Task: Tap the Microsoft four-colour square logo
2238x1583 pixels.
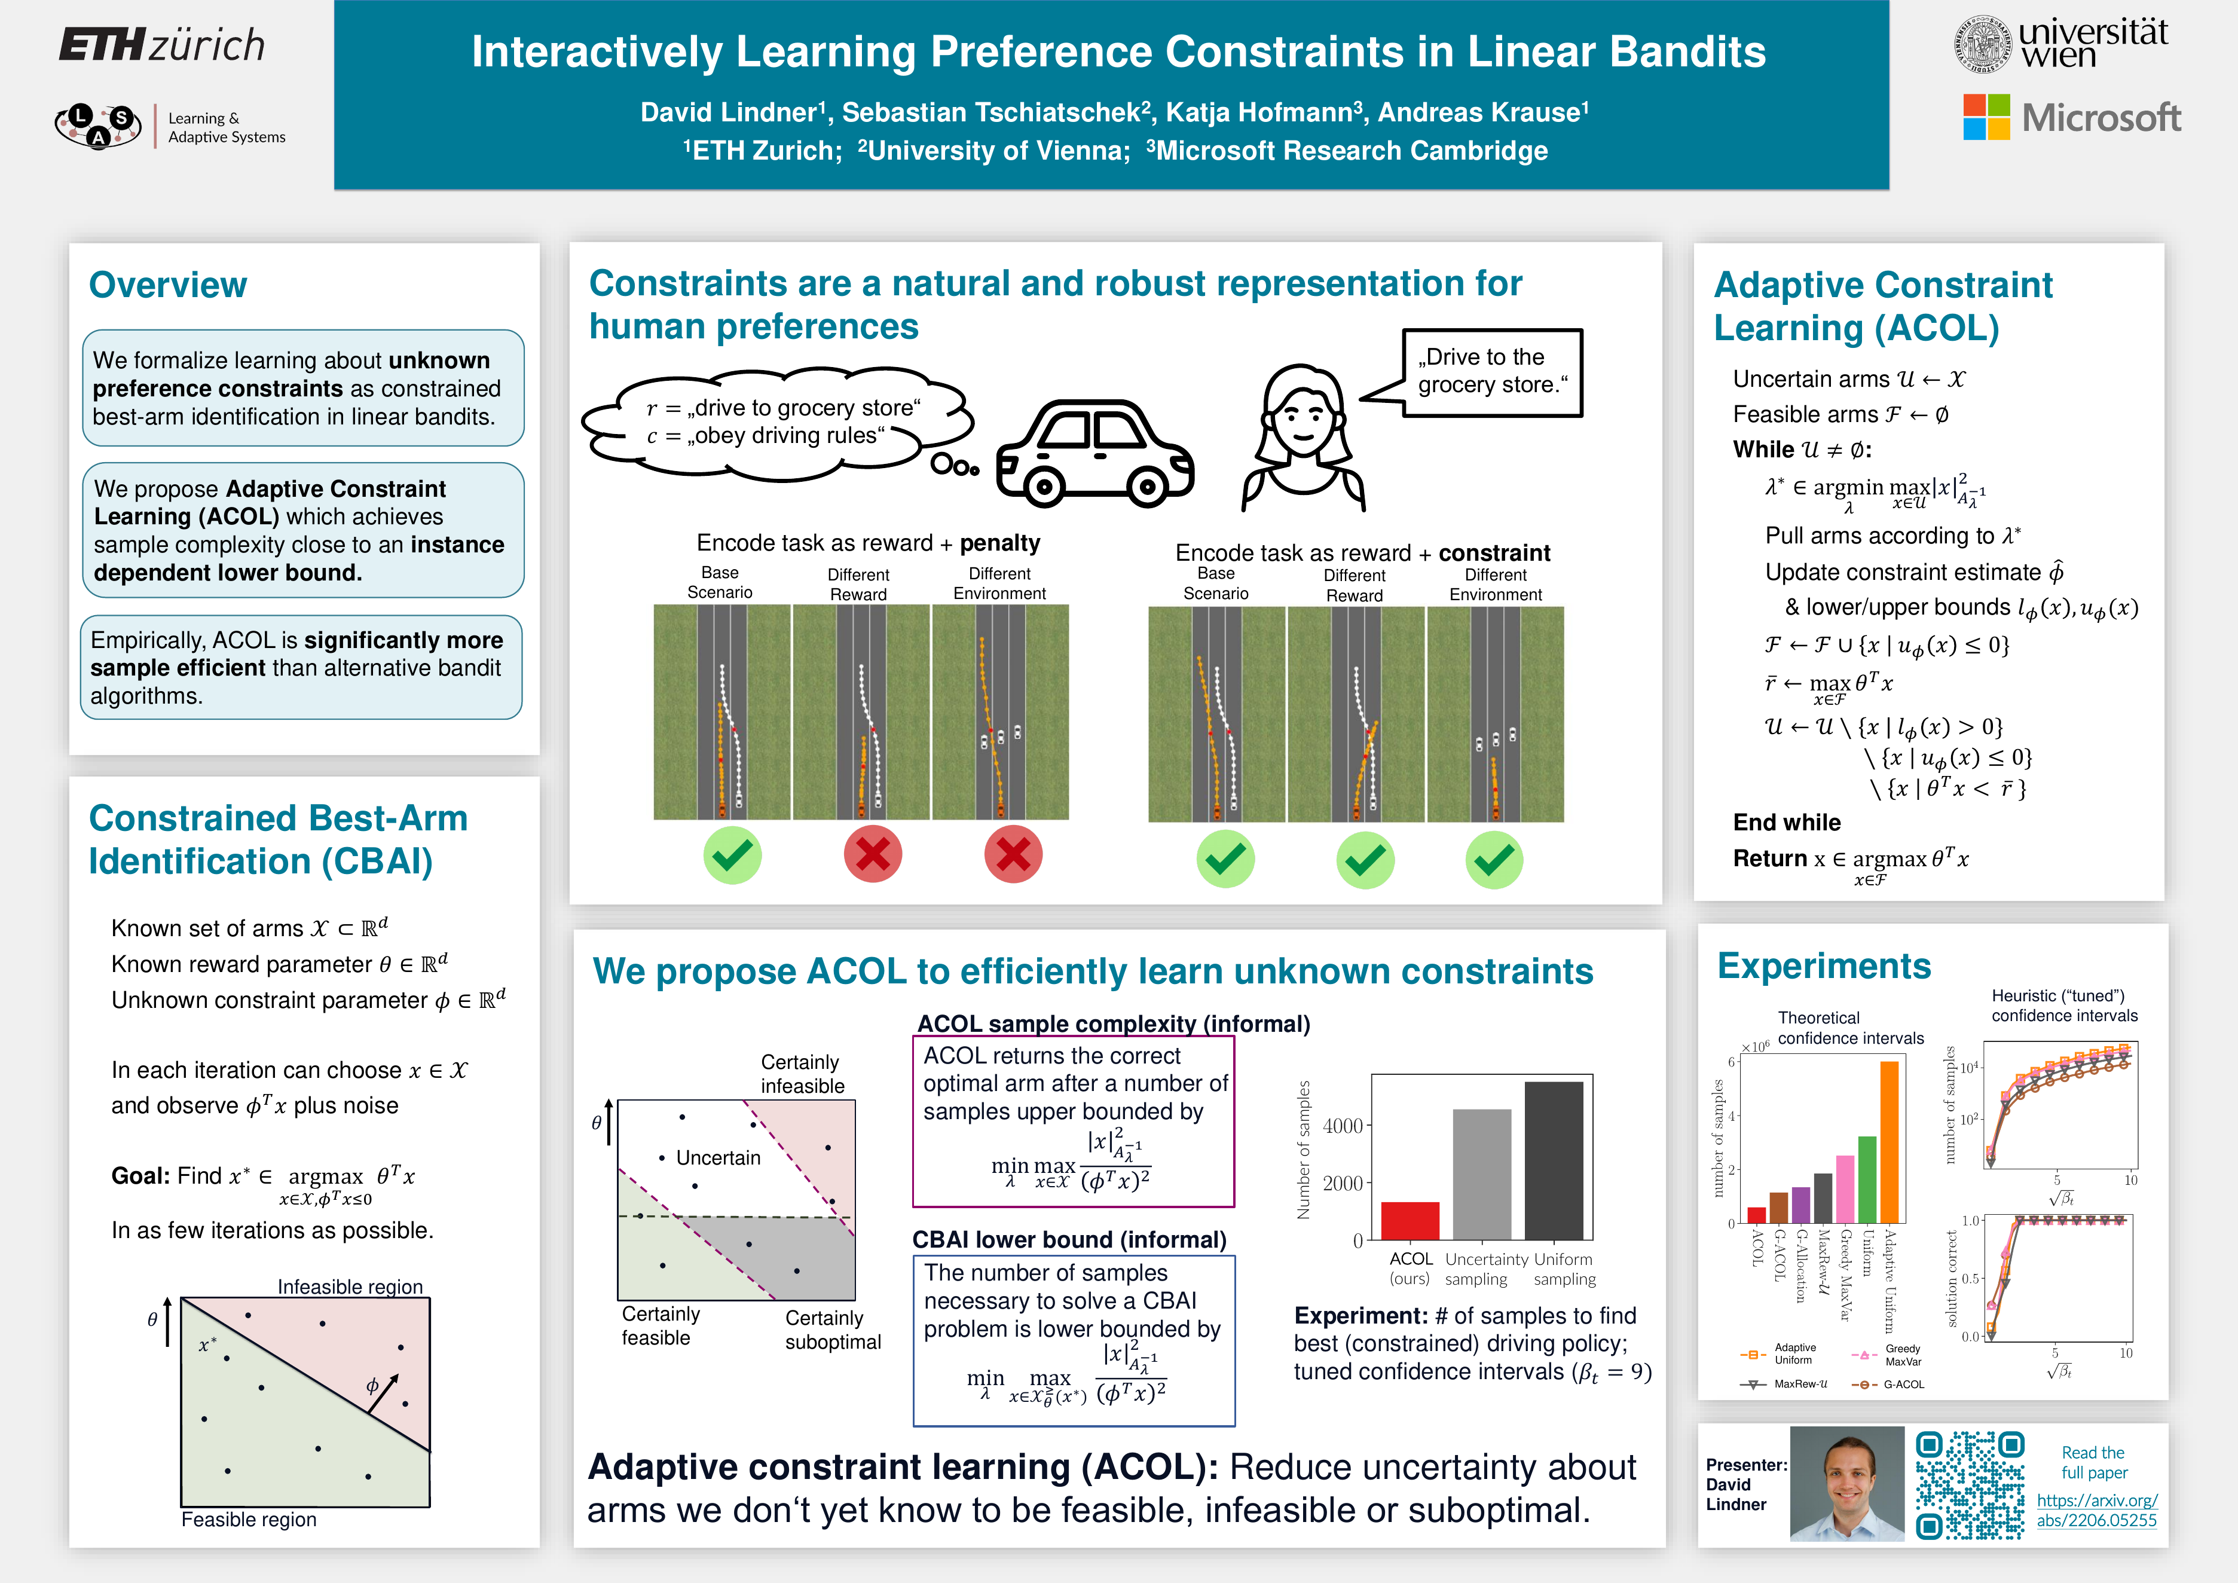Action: pos(1986,117)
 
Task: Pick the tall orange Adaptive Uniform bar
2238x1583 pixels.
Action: pos(1889,1141)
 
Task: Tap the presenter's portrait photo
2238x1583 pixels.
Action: pos(1847,1484)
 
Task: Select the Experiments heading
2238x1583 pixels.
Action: pos(1824,965)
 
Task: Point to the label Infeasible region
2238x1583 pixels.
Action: pos(350,1286)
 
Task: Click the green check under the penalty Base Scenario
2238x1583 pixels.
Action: pos(732,855)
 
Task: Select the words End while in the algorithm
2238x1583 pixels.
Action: pos(1787,822)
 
